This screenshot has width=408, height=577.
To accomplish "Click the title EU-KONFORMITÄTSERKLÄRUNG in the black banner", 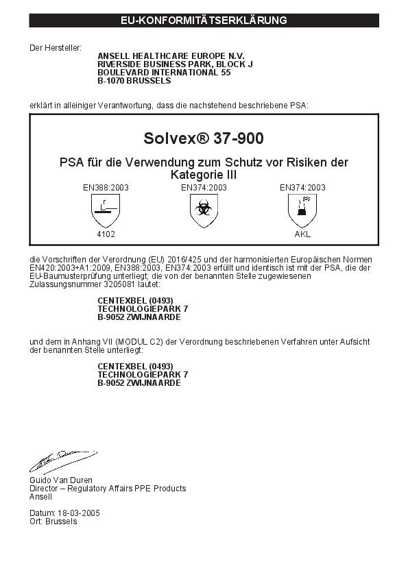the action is (204, 21).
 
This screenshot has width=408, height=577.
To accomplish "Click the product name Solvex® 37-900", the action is (204, 138).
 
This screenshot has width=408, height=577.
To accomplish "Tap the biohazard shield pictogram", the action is (204, 210).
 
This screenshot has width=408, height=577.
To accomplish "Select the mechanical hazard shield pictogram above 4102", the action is (106, 210).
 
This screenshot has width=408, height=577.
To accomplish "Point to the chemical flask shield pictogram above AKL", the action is (302, 210).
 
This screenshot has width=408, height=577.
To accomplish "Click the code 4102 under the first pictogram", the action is (106, 234).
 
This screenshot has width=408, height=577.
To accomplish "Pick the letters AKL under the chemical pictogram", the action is (302, 234).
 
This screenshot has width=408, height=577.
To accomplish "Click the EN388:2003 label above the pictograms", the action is (106, 187).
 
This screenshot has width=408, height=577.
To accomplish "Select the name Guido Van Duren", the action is (61, 480).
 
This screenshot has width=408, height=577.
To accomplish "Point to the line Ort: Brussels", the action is (53, 521).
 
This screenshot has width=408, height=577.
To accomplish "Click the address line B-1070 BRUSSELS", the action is (134, 80).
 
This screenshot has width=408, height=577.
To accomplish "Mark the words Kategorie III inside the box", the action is (204, 175).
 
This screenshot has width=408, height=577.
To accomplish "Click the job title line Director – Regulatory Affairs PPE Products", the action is (108, 489).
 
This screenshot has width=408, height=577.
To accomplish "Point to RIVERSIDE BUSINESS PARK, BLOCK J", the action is (176, 64).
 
